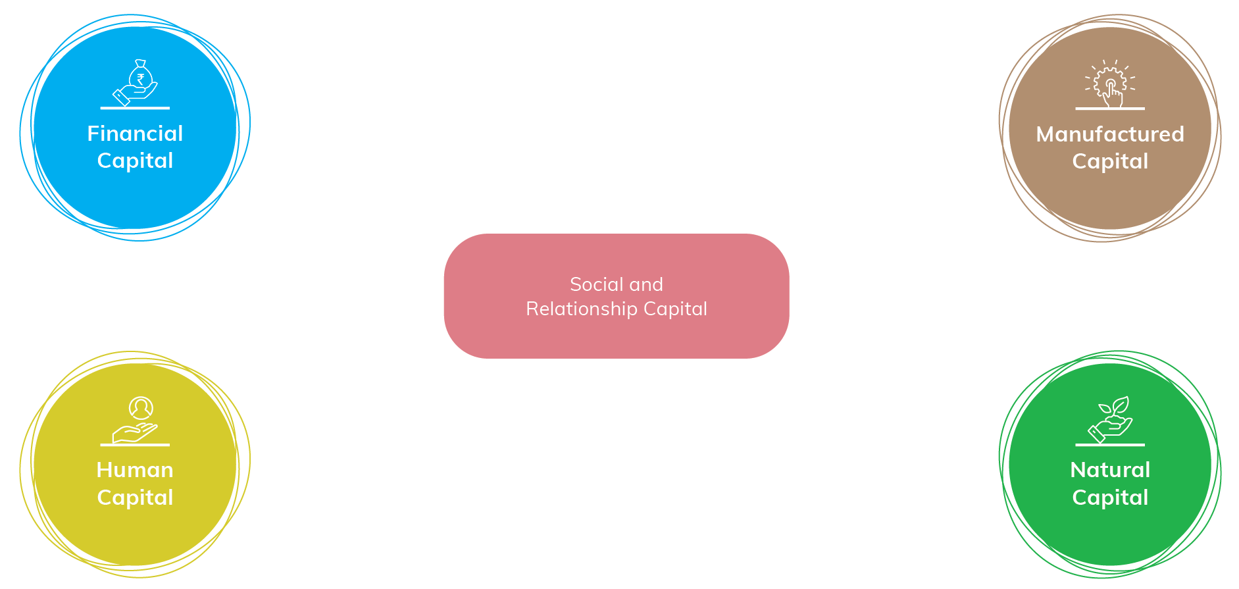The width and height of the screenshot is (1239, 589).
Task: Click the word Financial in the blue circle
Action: pyautogui.click(x=135, y=134)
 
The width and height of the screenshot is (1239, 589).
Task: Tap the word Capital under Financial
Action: pyautogui.click(x=135, y=161)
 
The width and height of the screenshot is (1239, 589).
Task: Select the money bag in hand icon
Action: pyautogui.click(x=136, y=82)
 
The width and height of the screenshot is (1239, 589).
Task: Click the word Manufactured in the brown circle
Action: pyautogui.click(x=1110, y=134)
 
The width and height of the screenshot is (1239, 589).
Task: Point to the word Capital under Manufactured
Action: pyautogui.click(x=1110, y=162)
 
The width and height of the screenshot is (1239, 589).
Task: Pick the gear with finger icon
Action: pyautogui.click(x=1110, y=84)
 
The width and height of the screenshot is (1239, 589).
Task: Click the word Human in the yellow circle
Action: pyautogui.click(x=135, y=470)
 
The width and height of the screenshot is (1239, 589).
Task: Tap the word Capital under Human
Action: pyautogui.click(x=135, y=498)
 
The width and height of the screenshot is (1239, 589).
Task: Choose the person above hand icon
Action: pyautogui.click(x=136, y=419)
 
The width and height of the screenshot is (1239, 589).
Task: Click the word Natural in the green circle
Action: pyautogui.click(x=1110, y=470)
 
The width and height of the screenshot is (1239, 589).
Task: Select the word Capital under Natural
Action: pyautogui.click(x=1110, y=498)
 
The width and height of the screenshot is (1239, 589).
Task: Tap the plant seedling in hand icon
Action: pyautogui.click(x=1110, y=419)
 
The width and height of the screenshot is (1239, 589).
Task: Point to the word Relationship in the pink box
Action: pyautogui.click(x=582, y=309)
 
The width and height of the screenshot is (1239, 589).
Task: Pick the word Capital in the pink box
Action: pyautogui.click(x=675, y=309)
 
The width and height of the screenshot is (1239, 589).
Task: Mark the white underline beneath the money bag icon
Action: pyautogui.click(x=135, y=108)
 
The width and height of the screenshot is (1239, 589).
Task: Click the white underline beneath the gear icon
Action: pyautogui.click(x=1110, y=109)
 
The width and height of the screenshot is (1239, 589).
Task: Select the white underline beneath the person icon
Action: pyautogui.click(x=135, y=445)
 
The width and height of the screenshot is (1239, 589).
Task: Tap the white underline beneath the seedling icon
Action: pyautogui.click(x=1110, y=445)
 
